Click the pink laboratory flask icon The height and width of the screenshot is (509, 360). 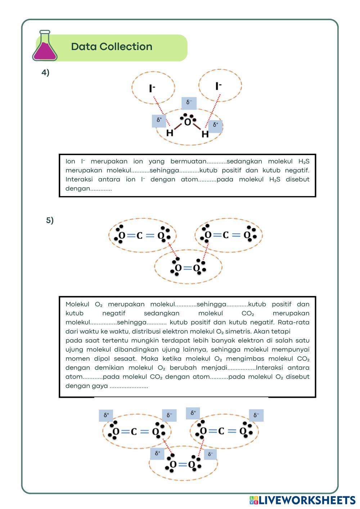[45, 47]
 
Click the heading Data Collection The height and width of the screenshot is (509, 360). [112, 47]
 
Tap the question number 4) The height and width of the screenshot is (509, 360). [45, 73]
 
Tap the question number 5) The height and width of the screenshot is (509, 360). [50, 220]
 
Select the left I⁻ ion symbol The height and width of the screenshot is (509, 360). [152, 88]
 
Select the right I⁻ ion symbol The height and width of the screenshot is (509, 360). [219, 86]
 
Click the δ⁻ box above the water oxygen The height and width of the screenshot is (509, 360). [189, 103]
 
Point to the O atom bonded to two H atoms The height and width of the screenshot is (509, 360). [188, 122]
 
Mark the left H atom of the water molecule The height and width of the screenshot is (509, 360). [170, 133]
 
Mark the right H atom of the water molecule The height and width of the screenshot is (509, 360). [205, 134]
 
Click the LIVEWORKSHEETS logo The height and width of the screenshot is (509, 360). [302, 500]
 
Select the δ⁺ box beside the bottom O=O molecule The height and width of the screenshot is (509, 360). [157, 453]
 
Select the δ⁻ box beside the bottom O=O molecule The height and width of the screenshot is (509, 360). [210, 454]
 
